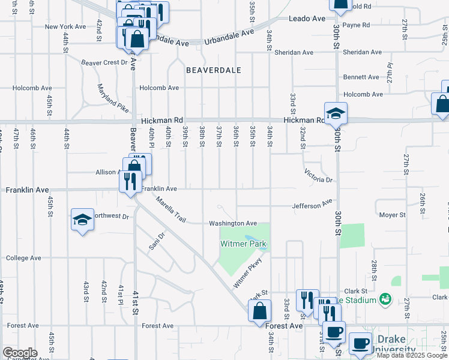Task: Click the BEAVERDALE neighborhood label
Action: tap(214, 70)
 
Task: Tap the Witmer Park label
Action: tap(243, 244)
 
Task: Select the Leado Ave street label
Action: tap(306, 19)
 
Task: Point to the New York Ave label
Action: tap(65, 26)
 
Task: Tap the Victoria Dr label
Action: tap(318, 175)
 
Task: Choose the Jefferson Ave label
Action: tap(312, 205)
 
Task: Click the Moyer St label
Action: tap(393, 214)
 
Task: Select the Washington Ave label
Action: tap(233, 223)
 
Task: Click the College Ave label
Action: tap(23, 258)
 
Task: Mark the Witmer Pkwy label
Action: tap(248, 273)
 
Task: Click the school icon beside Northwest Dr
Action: tap(82, 219)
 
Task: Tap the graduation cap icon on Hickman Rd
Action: tap(336, 112)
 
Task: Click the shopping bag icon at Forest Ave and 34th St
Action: tap(259, 311)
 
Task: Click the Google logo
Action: tap(20, 353)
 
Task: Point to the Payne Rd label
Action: tap(356, 25)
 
